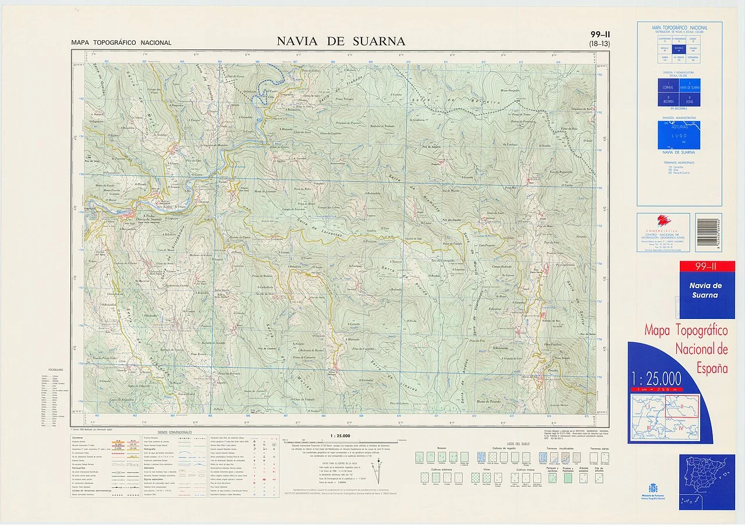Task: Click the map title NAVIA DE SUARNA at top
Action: click(341, 41)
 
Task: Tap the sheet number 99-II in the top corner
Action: click(599, 34)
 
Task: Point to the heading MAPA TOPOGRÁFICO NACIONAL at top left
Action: click(121, 42)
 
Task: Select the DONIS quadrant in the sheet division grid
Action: click(690, 100)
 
